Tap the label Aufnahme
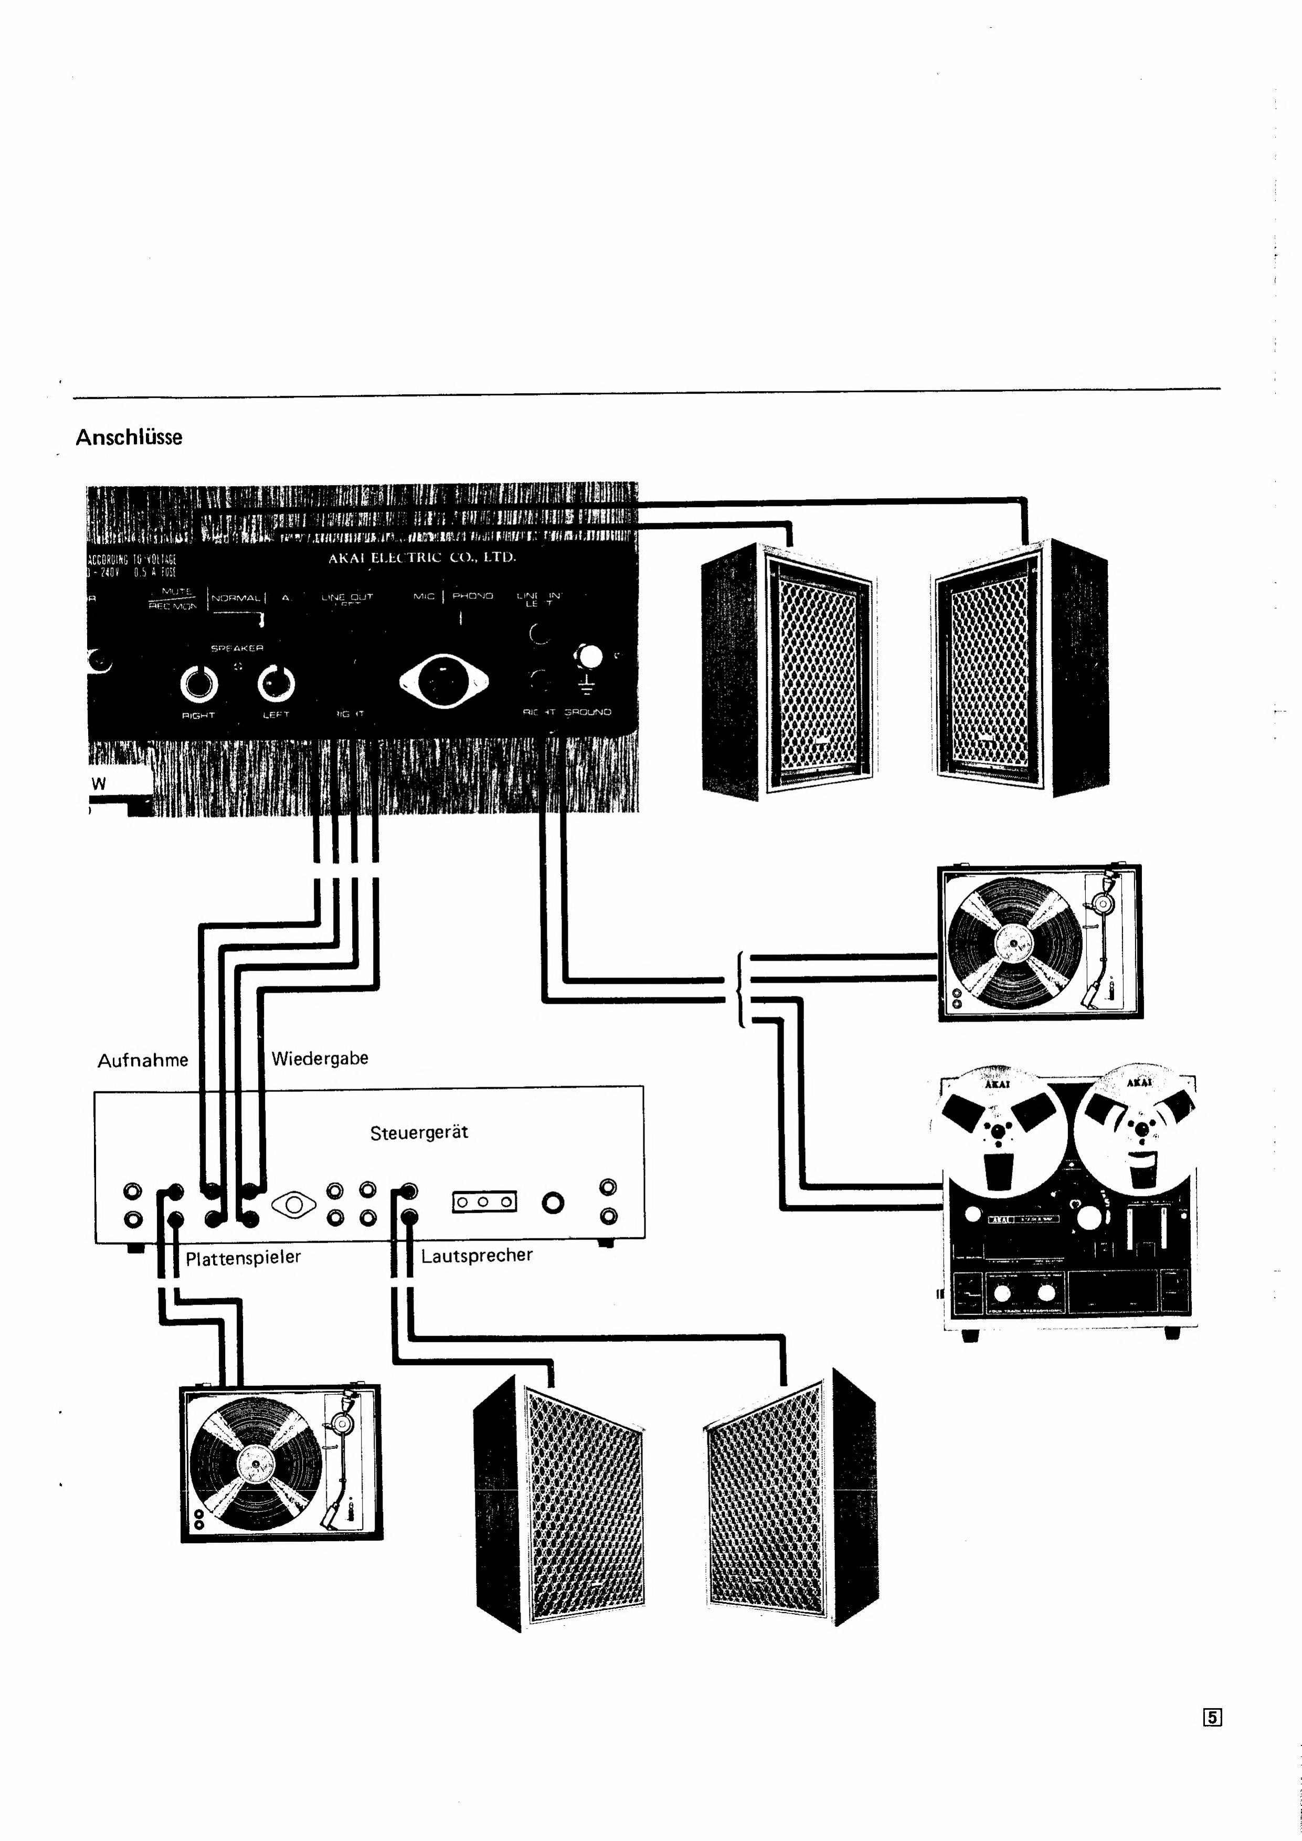(x=143, y=1060)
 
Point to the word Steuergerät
(x=418, y=1132)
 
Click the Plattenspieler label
(x=243, y=1257)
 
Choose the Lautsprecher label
(x=476, y=1255)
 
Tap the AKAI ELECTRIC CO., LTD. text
(x=422, y=557)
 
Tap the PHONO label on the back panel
(x=472, y=596)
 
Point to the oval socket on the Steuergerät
(x=293, y=1204)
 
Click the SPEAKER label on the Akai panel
(x=237, y=648)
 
